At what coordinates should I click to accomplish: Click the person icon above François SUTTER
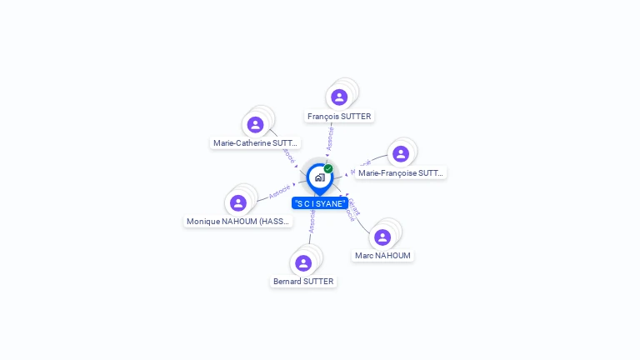pos(339,97)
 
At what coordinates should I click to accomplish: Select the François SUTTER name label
pos(339,117)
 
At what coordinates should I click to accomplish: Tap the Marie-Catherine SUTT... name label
pos(256,143)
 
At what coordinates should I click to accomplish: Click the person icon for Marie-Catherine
pos(256,125)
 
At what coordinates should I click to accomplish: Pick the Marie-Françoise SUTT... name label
pos(401,173)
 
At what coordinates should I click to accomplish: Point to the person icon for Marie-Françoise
pos(401,154)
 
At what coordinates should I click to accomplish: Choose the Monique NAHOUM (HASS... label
pos(238,222)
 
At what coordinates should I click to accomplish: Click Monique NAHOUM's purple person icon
pos(238,203)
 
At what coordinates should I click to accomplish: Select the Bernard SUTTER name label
pos(303,282)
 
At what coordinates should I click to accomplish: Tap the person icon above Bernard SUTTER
pos(303,263)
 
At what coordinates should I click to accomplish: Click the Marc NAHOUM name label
pos(382,256)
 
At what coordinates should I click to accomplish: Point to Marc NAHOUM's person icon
pos(382,237)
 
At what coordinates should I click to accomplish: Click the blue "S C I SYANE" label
pos(320,203)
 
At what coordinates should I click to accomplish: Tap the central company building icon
pos(319,177)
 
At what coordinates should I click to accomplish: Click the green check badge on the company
pos(328,168)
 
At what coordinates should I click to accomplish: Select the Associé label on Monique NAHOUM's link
pos(279,191)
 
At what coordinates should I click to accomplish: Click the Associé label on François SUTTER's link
pos(330,138)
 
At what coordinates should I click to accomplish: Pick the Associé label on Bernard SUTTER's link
pos(312,222)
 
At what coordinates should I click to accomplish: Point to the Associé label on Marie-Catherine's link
pos(287,156)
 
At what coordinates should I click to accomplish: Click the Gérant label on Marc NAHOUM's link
pos(353,207)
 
